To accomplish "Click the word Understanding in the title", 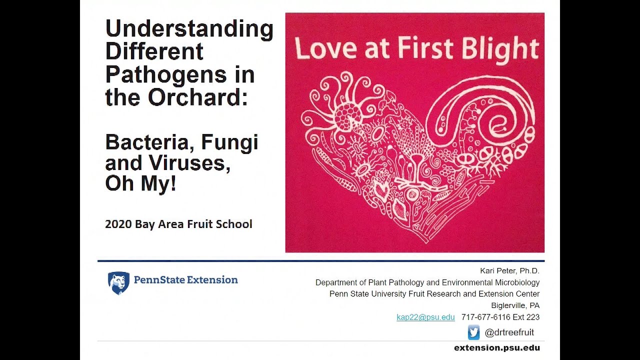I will [189, 29].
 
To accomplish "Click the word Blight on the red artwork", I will [501, 48].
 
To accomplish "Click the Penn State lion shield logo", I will [118, 283].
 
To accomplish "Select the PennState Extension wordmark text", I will [185, 280].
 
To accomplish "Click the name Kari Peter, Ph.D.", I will [509, 271].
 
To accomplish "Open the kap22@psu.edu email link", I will [425, 317].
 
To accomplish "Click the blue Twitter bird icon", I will [473, 332].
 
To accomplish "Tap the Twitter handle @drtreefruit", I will [509, 332].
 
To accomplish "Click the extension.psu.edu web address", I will [496, 347].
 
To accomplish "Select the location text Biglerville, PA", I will [515, 305].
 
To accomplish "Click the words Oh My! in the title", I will [140, 183].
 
